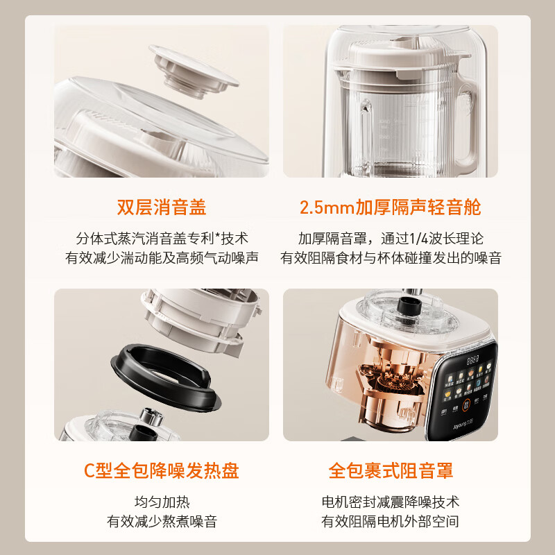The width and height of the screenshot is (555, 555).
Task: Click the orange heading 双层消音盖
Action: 161,207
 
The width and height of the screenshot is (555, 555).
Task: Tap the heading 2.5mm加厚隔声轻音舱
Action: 390,207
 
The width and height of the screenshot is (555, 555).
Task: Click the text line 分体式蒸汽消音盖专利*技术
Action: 161,237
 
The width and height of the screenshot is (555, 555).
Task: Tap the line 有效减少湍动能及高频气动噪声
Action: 161,258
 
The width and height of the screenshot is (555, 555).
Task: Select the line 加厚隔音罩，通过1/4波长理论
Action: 390,237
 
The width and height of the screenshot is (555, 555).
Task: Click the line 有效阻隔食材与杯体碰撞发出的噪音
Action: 390,258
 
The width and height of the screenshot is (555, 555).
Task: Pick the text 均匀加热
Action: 161,502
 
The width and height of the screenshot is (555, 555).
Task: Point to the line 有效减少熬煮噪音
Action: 161,521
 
